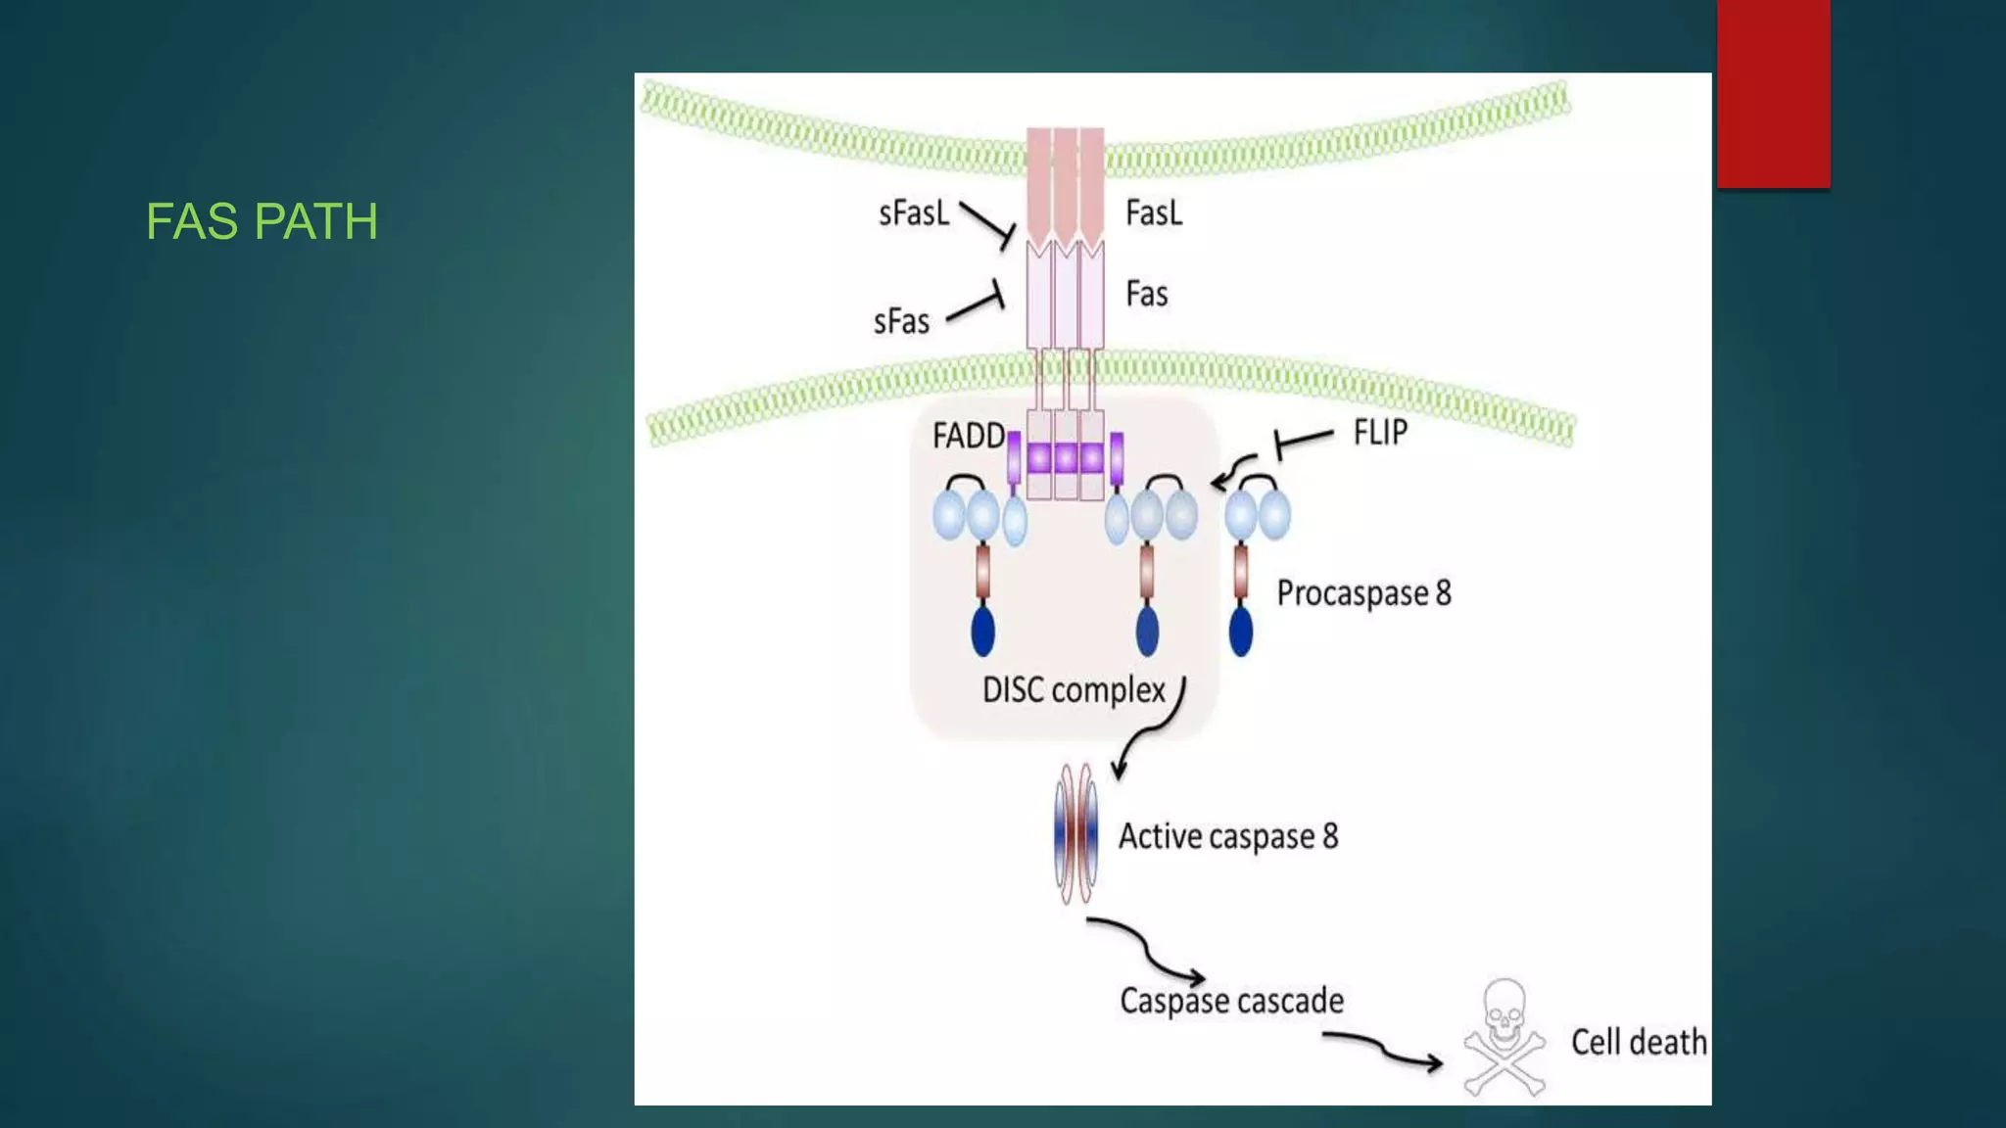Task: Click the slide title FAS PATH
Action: (x=262, y=221)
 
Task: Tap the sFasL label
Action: (x=914, y=212)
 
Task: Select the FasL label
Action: (x=1154, y=212)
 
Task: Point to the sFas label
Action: (x=901, y=321)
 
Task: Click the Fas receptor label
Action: (x=1147, y=294)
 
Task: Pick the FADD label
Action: (x=968, y=436)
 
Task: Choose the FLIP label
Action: (x=1380, y=432)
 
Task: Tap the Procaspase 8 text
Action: (x=1363, y=593)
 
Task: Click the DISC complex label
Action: (x=1074, y=690)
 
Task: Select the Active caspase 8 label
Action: (x=1228, y=836)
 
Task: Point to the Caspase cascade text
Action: (x=1231, y=1001)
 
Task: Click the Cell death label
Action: (x=1639, y=1042)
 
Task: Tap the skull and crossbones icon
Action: (x=1504, y=1037)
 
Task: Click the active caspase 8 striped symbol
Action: (x=1075, y=834)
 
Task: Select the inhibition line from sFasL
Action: (x=986, y=223)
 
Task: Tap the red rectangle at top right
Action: (x=1773, y=93)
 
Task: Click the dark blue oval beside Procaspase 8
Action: (x=1241, y=632)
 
